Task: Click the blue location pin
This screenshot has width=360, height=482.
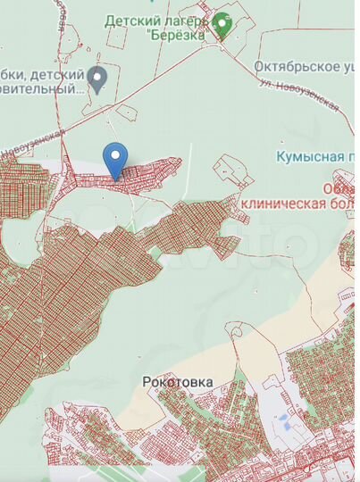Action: pos(114,159)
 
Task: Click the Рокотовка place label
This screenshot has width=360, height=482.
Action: pos(178,381)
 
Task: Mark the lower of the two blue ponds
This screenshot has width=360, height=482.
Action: pos(287,426)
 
